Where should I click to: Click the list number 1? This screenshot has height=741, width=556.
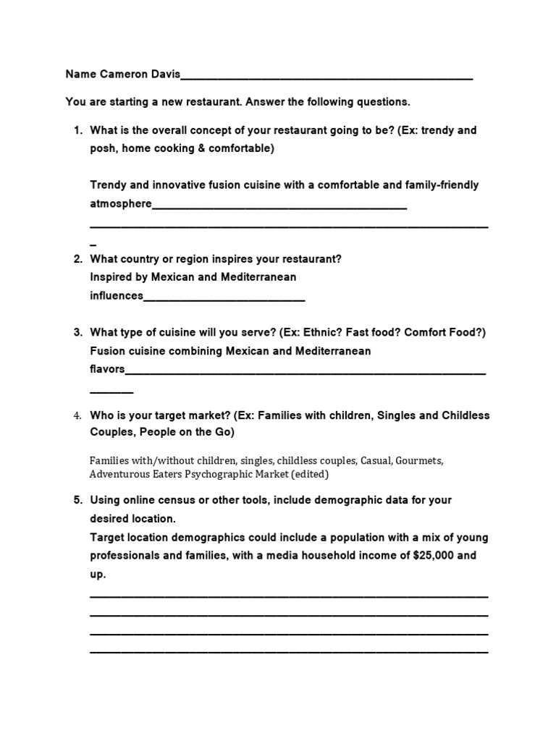click(77, 131)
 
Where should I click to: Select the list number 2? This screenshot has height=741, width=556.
click(77, 259)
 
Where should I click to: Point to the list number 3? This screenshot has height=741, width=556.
click(77, 333)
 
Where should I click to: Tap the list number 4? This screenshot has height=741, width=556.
click(77, 416)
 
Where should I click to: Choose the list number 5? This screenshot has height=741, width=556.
click(77, 500)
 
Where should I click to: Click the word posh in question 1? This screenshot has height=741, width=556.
click(103, 149)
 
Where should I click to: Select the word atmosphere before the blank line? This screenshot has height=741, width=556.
click(121, 204)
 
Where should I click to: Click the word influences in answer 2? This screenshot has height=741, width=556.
click(117, 295)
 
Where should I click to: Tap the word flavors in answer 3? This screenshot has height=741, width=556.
click(107, 369)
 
